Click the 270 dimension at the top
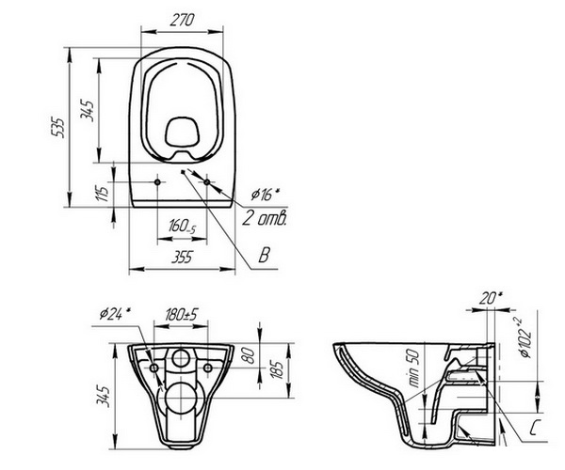(182, 20)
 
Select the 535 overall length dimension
(57, 127)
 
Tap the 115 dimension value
(104, 193)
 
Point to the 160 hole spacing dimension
(182, 227)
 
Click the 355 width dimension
(183, 257)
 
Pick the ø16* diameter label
(266, 195)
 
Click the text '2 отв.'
(265, 217)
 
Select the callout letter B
(264, 255)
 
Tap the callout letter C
(535, 428)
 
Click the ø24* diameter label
(115, 314)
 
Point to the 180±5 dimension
(182, 314)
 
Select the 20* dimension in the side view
(491, 299)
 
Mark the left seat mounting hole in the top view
(157, 182)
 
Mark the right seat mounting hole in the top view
(206, 182)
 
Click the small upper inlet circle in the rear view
(181, 358)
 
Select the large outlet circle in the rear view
(181, 399)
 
